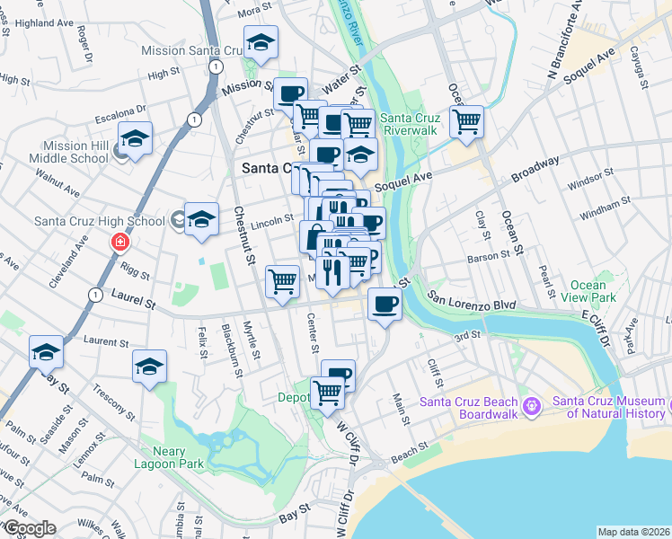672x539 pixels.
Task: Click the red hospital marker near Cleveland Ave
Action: [x=119, y=243]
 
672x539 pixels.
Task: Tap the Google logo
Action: [x=29, y=528]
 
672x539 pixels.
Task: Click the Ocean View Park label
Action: [x=587, y=291]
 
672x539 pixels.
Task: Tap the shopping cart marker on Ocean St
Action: [x=466, y=121]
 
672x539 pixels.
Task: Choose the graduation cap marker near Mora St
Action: [x=261, y=42]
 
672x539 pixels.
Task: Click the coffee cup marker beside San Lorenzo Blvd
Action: [x=385, y=305]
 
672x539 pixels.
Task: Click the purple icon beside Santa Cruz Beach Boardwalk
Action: [x=532, y=407]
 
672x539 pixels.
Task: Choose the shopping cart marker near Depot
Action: [x=328, y=392]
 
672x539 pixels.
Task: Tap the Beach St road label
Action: [x=410, y=455]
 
